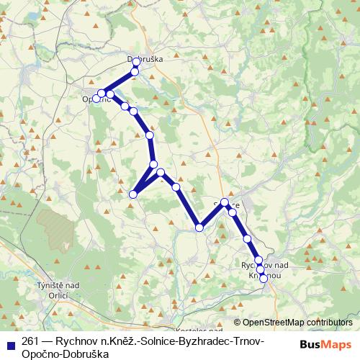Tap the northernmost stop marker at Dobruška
pos(136,62)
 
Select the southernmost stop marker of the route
pos(264,278)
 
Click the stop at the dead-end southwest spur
pos(132,194)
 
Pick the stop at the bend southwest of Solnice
pos(199,228)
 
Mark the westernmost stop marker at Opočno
pos(96,99)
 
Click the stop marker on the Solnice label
pos(225,202)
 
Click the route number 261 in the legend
pos(30,341)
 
